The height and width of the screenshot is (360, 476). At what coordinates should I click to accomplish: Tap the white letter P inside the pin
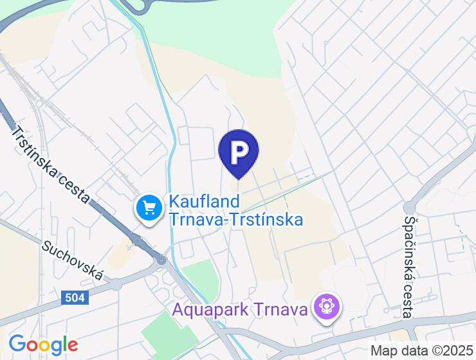(239, 151)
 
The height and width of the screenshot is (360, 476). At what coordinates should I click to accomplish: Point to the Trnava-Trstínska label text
(235, 219)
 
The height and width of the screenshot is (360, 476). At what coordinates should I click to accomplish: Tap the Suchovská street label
(72, 260)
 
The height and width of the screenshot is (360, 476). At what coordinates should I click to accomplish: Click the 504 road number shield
(75, 298)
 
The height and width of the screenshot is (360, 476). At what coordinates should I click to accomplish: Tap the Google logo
(43, 345)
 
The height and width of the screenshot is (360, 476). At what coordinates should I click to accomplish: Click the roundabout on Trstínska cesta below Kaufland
(161, 260)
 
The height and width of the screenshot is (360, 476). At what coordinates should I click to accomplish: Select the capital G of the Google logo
(19, 345)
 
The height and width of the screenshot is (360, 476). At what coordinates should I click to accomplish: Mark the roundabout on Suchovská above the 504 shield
(115, 284)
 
